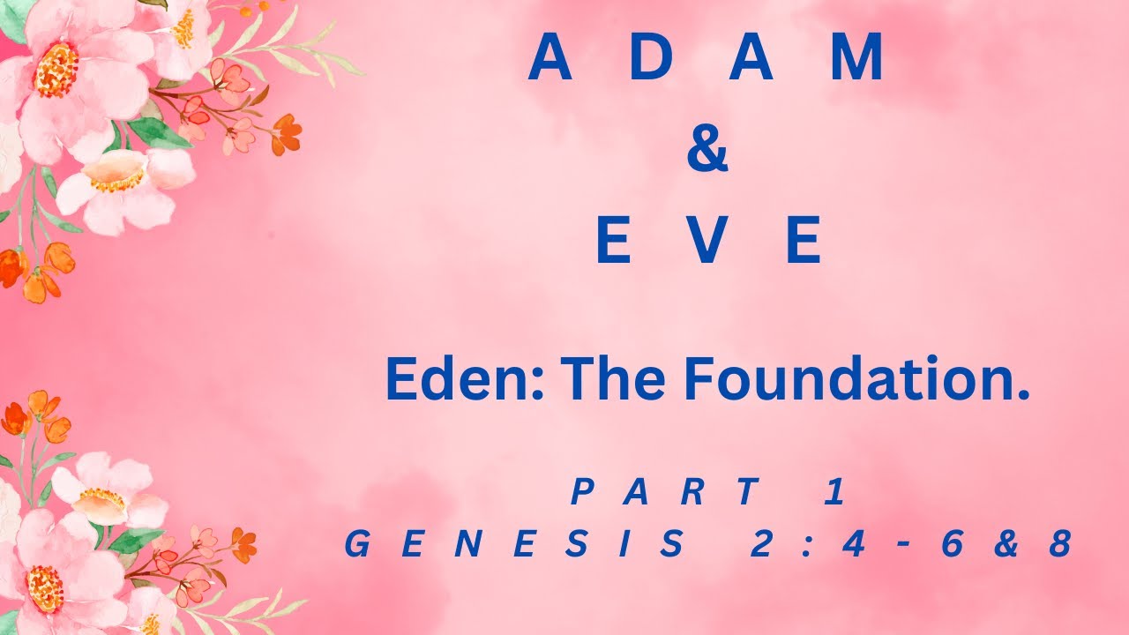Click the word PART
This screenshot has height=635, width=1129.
(666, 492)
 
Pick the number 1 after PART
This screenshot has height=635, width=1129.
(834, 492)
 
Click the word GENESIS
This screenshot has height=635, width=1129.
(515, 544)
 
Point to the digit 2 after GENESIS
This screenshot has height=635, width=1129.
(759, 544)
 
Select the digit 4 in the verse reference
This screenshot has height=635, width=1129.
(851, 544)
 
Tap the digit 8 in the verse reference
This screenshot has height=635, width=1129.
(1059, 544)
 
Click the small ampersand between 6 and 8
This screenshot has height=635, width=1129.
(1006, 544)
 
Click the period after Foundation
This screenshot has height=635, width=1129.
(1023, 396)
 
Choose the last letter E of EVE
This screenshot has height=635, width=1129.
(803, 240)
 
